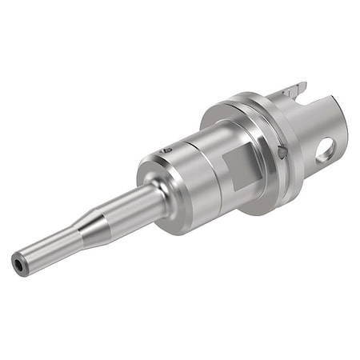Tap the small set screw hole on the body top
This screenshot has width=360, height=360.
(166, 150)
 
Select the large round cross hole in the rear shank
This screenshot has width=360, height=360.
(326, 150)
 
